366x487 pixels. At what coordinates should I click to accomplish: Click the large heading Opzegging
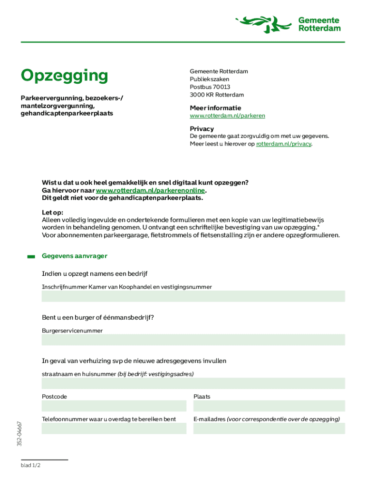pos(64,76)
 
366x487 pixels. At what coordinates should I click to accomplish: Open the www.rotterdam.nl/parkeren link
pos(227,116)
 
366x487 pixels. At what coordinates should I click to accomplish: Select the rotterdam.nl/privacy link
pos(284,144)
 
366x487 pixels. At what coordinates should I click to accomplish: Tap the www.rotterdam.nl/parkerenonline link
pos(151,190)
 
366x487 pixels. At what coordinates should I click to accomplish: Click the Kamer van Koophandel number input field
pos(193,296)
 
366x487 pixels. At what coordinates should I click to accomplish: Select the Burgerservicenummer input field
pos(193,340)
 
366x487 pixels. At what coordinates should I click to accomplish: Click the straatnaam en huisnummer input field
pos(193,383)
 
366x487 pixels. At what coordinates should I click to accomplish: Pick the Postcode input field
pos(114,406)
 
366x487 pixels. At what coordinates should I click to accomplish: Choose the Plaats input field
pos(269,406)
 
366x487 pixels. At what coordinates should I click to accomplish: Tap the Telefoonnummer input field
pos(114,429)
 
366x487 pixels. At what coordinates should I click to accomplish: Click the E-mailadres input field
pos(269,429)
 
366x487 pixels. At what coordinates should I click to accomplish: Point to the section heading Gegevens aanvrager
pos(75,256)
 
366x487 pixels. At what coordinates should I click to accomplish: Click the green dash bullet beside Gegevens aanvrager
pos(31,256)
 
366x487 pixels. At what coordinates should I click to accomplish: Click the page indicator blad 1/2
pos(30,466)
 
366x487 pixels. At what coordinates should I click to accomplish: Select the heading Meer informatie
pos(215,107)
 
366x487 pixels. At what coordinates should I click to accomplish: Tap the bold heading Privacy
pos(202,129)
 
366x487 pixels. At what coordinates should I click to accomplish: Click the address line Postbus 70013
pos(210,87)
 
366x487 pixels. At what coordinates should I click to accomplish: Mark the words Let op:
pos(52,212)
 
